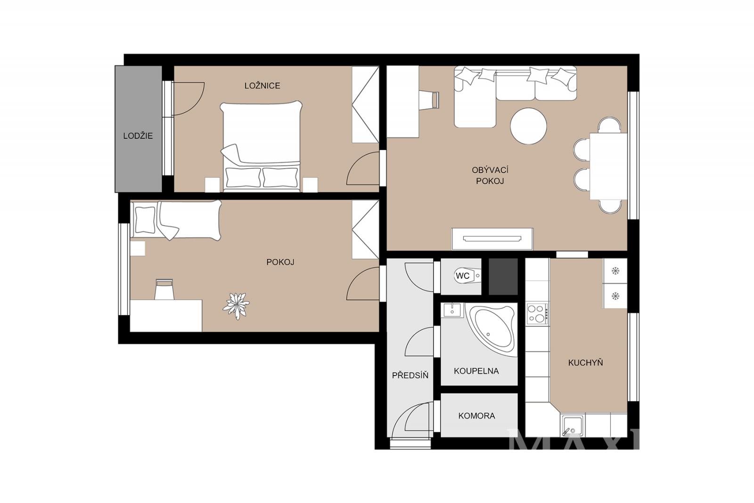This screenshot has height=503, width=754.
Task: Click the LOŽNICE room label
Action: coord(262,85)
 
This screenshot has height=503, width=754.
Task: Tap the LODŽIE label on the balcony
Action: coord(138,136)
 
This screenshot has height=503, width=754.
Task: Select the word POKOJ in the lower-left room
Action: coord(280,262)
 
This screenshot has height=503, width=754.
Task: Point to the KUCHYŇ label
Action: coord(585,363)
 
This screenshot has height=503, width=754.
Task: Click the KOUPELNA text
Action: coord(476,371)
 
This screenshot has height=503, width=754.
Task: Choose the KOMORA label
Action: coord(476,416)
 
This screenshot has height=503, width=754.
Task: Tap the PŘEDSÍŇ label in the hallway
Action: coord(410,375)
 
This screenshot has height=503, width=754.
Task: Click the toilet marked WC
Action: coord(467,276)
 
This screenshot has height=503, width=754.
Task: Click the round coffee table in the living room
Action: coord(528,126)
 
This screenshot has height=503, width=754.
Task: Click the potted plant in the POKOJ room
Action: coord(236,306)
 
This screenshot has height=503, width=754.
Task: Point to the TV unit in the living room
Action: coord(492,239)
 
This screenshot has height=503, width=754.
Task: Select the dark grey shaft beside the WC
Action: coord(503,277)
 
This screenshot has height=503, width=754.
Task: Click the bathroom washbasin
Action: coord(452,310)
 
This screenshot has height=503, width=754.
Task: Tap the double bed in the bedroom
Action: coord(261,146)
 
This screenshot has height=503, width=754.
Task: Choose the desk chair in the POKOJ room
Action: coord(164,289)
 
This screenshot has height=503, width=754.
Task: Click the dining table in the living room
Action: coord(608,166)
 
